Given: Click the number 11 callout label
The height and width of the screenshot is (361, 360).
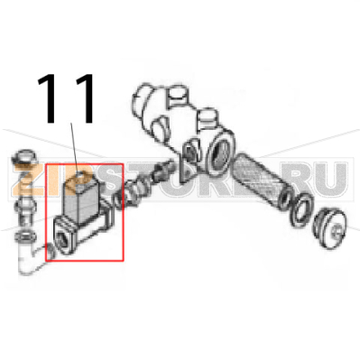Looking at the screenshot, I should coord(67,100).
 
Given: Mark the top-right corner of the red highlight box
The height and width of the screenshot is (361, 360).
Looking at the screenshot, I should coord(123,163).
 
